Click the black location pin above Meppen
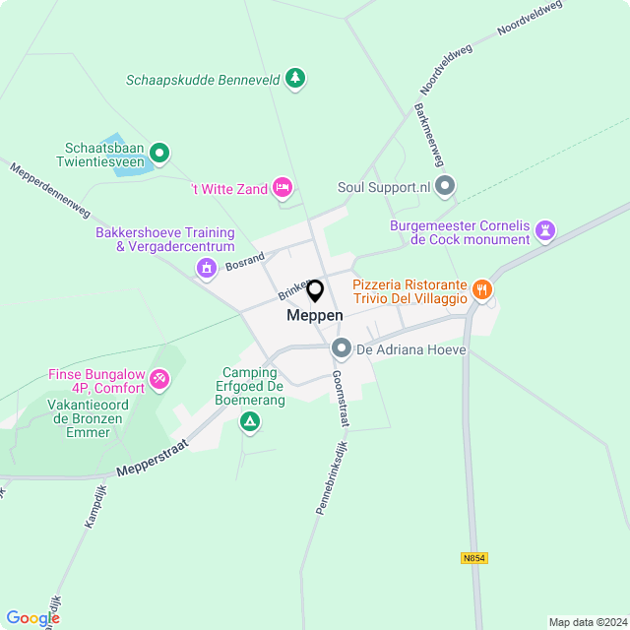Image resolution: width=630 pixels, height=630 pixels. click(315, 291)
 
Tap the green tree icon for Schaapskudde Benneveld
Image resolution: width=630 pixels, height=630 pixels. click(295, 79)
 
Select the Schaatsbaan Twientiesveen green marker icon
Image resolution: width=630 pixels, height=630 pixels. click(159, 153)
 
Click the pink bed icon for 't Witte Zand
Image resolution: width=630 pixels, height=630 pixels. click(283, 187)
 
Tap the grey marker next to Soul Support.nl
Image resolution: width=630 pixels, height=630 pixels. click(446, 186)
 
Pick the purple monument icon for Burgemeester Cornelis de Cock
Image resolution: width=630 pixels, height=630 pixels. click(545, 231)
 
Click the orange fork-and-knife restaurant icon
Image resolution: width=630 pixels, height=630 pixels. click(481, 288)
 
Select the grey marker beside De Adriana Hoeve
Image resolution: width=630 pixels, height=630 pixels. click(342, 348)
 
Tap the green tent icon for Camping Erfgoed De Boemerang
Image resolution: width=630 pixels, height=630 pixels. click(250, 422)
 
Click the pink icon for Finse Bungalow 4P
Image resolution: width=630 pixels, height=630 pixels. click(159, 379)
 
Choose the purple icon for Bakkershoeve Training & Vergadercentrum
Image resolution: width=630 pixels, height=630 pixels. click(206, 267)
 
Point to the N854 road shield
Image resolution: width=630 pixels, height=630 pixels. click(473, 558)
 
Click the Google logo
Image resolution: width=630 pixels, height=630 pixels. click(32, 617)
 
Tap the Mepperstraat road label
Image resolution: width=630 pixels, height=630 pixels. click(153, 462)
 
